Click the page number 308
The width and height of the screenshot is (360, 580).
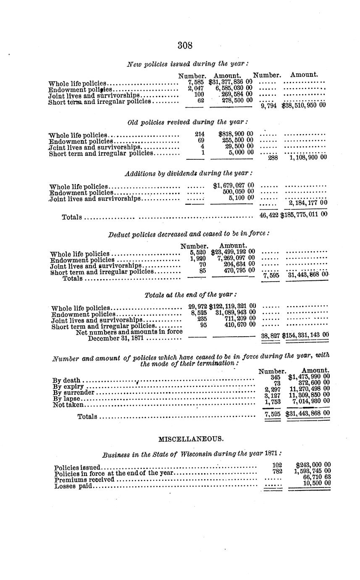tap(185, 46)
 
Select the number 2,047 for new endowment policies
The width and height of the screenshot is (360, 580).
tap(196, 89)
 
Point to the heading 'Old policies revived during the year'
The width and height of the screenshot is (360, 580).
tap(188, 122)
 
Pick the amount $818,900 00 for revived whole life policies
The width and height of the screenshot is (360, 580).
tap(236, 134)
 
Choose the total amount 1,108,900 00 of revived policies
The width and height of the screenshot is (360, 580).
tap(308, 158)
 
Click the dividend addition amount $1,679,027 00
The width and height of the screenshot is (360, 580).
tap(233, 185)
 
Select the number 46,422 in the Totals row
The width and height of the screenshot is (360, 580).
tap(269, 214)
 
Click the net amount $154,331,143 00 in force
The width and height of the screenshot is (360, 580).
tap(305, 335)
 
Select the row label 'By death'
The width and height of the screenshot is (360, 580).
tap(66, 380)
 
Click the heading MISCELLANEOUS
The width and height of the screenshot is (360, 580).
tap(191, 439)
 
